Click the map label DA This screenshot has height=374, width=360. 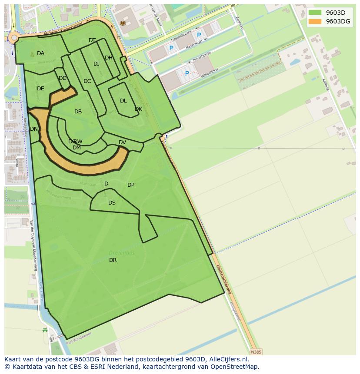[x=40, y=53]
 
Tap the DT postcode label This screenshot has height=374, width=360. [x=92, y=40]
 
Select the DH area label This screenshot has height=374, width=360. [x=109, y=58]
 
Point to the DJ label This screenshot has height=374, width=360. [x=97, y=64]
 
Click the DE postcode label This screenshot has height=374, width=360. [x=40, y=89]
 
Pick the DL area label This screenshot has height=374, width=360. [x=123, y=101]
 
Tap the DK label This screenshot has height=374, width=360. [x=138, y=109]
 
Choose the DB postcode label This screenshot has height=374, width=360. [x=78, y=112]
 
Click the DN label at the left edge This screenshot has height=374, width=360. [x=34, y=129]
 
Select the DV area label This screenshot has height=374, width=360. [x=122, y=142]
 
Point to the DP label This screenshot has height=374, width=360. [x=131, y=185]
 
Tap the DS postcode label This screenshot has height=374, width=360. [x=112, y=203]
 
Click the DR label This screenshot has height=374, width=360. [x=113, y=260]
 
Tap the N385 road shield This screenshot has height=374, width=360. [x=257, y=352]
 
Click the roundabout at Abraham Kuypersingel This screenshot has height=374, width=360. [x=14, y=38]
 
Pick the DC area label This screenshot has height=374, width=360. [x=87, y=81]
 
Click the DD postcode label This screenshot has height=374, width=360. [x=63, y=78]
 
